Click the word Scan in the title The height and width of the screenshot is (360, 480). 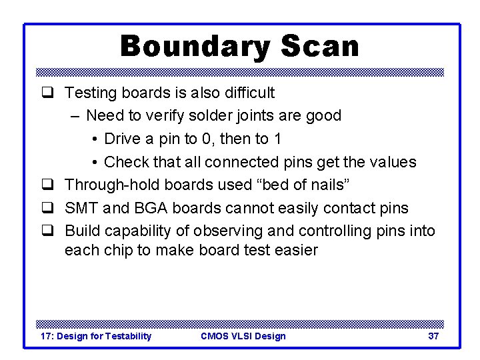pos(320,47)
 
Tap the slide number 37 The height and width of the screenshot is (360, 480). pos(433,336)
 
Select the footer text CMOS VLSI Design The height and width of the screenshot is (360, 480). pos(243,336)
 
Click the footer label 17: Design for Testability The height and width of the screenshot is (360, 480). pos(96,336)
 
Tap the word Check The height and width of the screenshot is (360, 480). pos(126,162)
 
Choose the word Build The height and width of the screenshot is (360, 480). pos(81,231)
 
